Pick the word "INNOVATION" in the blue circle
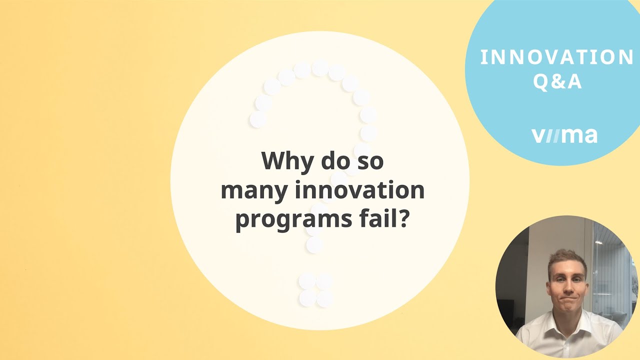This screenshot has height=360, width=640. tap(557, 57)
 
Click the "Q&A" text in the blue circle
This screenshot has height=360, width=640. tap(557, 81)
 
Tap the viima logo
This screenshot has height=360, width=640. tap(564, 135)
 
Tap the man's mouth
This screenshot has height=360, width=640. tap(568, 298)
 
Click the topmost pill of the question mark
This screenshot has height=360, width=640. tap(320, 67)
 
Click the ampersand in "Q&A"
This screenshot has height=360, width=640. tap(557, 81)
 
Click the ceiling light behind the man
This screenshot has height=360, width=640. tap(598, 242)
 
